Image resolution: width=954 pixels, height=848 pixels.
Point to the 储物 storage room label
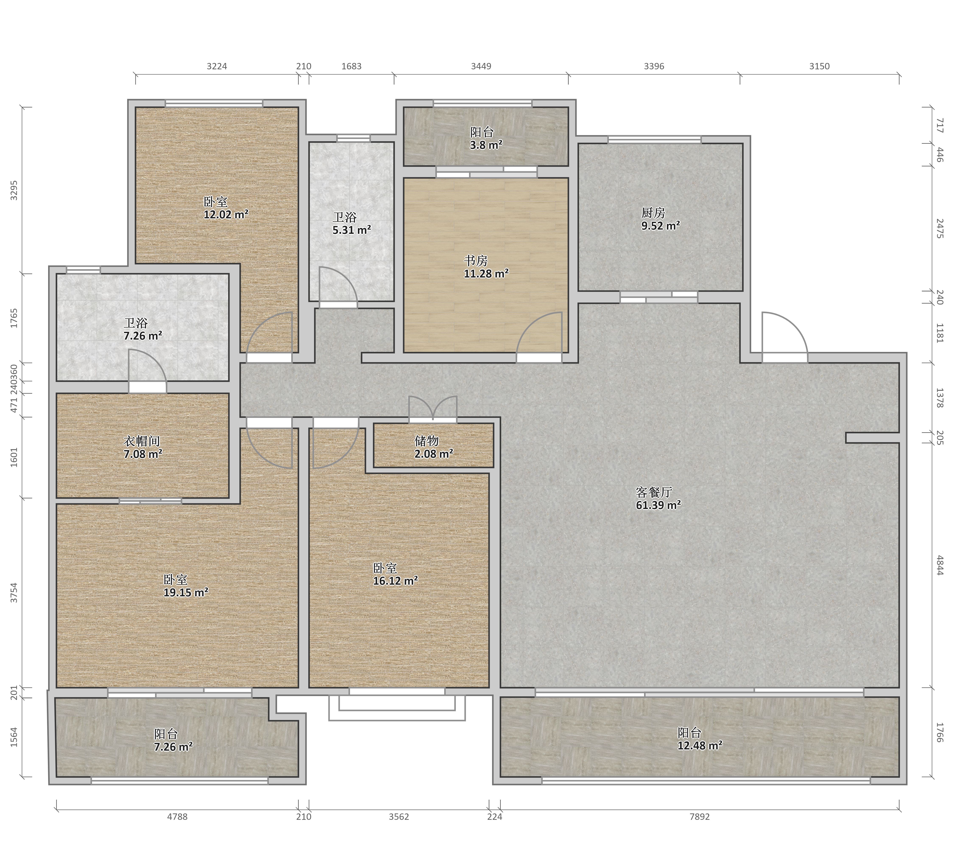426,441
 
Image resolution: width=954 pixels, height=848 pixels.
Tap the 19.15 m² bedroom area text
186,592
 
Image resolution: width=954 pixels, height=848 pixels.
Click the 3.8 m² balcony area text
486,145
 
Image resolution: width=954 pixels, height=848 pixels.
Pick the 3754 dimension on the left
14,593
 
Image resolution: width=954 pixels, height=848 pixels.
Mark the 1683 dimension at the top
351,66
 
